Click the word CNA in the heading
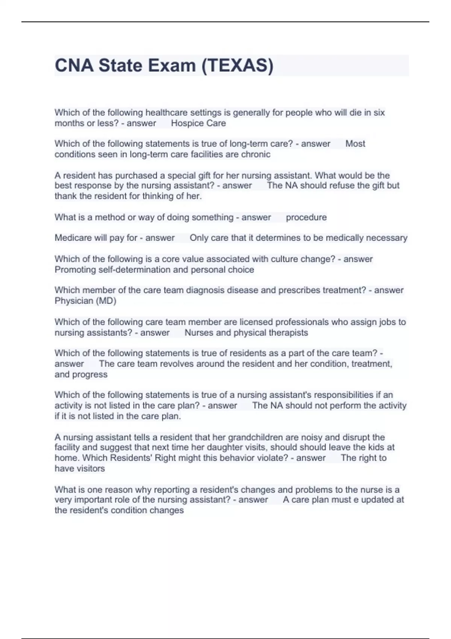[x=74, y=65]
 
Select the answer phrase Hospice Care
[x=198, y=123]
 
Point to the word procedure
[x=306, y=217]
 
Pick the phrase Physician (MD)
[x=85, y=301]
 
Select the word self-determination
[x=135, y=270]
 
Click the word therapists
[x=289, y=333]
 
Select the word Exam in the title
[x=172, y=65]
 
